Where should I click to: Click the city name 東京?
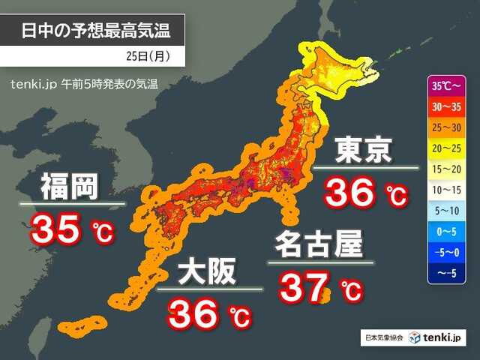364,149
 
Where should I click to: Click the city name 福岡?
70,186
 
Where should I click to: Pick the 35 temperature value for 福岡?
55,229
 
